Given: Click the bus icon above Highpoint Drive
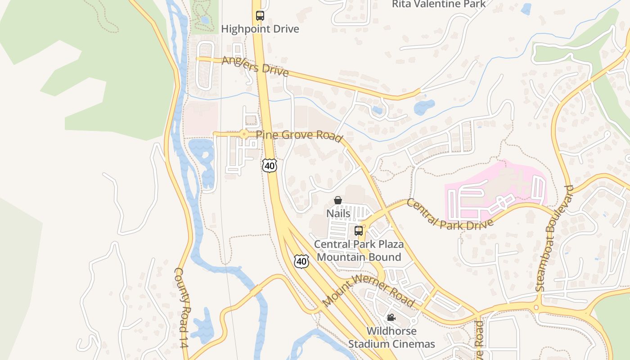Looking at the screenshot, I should click(x=260, y=16).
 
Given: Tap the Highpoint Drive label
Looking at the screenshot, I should click(x=260, y=29).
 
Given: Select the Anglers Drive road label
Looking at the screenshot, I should click(x=255, y=67).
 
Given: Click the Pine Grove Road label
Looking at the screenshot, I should click(x=299, y=136).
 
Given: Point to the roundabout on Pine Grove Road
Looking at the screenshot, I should click(x=243, y=134).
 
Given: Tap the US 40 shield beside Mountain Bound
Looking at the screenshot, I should click(x=301, y=261).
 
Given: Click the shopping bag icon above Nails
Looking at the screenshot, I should click(x=338, y=200).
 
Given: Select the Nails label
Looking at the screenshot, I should click(x=338, y=213).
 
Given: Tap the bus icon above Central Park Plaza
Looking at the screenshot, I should click(x=359, y=231).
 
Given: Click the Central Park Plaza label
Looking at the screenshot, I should click(x=359, y=244).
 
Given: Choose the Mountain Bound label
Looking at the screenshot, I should click(x=359, y=257).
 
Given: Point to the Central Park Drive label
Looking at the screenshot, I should click(x=450, y=215).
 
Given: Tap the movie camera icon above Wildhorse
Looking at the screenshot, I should click(x=391, y=318).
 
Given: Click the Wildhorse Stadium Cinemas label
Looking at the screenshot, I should click(x=391, y=337).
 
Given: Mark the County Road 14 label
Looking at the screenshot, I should click(x=181, y=307).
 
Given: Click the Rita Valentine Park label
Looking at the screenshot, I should click(x=439, y=4).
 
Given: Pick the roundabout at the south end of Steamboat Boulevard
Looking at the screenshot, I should click(x=536, y=308).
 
